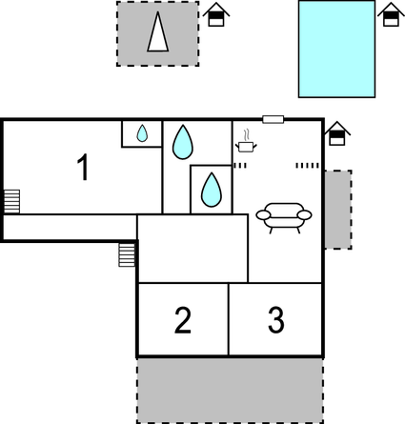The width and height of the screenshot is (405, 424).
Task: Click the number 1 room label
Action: pos(83,168)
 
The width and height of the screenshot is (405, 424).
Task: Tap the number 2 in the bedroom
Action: pos(183,320)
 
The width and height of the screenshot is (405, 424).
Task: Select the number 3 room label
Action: pos(275,320)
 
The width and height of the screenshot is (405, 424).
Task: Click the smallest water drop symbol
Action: pos(142,134)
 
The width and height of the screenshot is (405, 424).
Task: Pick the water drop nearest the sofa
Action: pos(211,189)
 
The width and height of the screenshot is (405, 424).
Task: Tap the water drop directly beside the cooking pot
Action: pos(182,143)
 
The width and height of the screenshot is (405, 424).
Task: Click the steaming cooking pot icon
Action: pos(246,143)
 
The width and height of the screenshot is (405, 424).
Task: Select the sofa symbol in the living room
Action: pos(284,216)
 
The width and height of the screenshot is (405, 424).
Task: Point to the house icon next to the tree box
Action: pos(217,15)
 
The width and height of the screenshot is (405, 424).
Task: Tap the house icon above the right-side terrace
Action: pos(335,135)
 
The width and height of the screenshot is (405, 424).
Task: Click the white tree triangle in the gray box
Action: pos(158,34)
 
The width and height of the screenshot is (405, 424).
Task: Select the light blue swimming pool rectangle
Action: pos(336,49)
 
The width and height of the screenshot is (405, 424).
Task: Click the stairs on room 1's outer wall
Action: pos(11,201)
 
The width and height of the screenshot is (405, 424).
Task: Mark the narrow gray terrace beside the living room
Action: pos(337,209)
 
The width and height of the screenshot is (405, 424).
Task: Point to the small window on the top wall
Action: pos(273,119)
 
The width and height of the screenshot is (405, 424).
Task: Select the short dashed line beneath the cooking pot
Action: pos(240,166)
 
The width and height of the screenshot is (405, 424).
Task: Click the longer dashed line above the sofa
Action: pos(307,166)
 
